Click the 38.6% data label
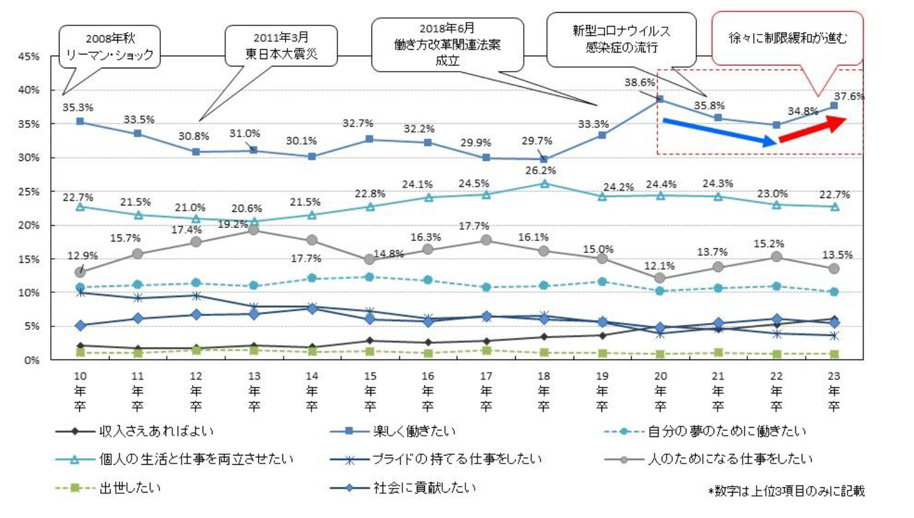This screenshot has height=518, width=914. click(x=639, y=83)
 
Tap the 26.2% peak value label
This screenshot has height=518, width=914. click(x=540, y=171)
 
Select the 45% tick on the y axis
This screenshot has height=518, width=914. click(x=29, y=57)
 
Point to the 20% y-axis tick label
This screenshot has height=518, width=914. click(x=29, y=226)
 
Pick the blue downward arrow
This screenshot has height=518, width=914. click(x=719, y=131)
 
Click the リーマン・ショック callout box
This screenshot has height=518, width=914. click(x=110, y=47)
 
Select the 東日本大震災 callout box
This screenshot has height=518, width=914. click(x=281, y=46)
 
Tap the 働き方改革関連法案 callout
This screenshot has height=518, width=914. click(x=447, y=45)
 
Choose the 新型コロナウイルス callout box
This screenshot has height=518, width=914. click(x=621, y=39)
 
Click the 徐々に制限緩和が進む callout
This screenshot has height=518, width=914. click(x=787, y=38)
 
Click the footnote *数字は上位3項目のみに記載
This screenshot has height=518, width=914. click(x=787, y=491)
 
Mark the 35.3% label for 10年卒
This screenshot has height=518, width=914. click(x=78, y=108)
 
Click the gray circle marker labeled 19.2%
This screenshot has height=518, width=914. click(x=254, y=230)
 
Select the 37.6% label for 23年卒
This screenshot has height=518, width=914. click(x=849, y=97)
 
